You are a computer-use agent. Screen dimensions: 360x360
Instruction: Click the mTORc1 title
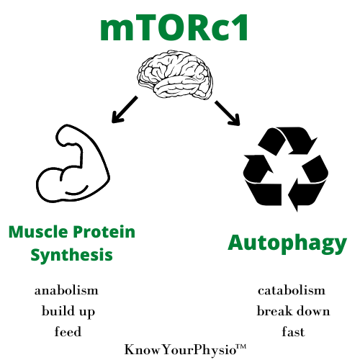pyautogui.click(x=174, y=27)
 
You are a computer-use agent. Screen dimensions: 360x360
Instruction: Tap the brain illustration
pyautogui.click(x=175, y=74)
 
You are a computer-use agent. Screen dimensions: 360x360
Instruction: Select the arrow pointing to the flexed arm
pyautogui.click(x=125, y=109)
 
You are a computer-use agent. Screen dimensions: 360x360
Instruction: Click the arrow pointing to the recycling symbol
pyautogui.click(x=228, y=113)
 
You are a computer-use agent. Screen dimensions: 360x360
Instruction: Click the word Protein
pyautogui.click(x=104, y=232)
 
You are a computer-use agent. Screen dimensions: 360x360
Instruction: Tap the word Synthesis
pyautogui.click(x=72, y=255)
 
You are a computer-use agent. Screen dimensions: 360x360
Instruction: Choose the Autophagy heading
pyautogui.click(x=287, y=243)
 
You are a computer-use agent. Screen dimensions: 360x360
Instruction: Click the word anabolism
pyautogui.click(x=66, y=290)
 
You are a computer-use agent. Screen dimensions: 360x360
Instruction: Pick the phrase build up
pyautogui.click(x=68, y=311)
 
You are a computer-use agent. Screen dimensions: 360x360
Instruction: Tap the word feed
pyautogui.click(x=68, y=332)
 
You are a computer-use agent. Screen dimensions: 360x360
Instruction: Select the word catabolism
pyautogui.click(x=292, y=290)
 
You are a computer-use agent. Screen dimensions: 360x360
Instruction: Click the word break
pyautogui.click(x=275, y=311)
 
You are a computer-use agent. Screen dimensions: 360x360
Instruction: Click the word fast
pyautogui.click(x=293, y=332)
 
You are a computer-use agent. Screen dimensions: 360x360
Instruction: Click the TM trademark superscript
pyautogui.click(x=241, y=347)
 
